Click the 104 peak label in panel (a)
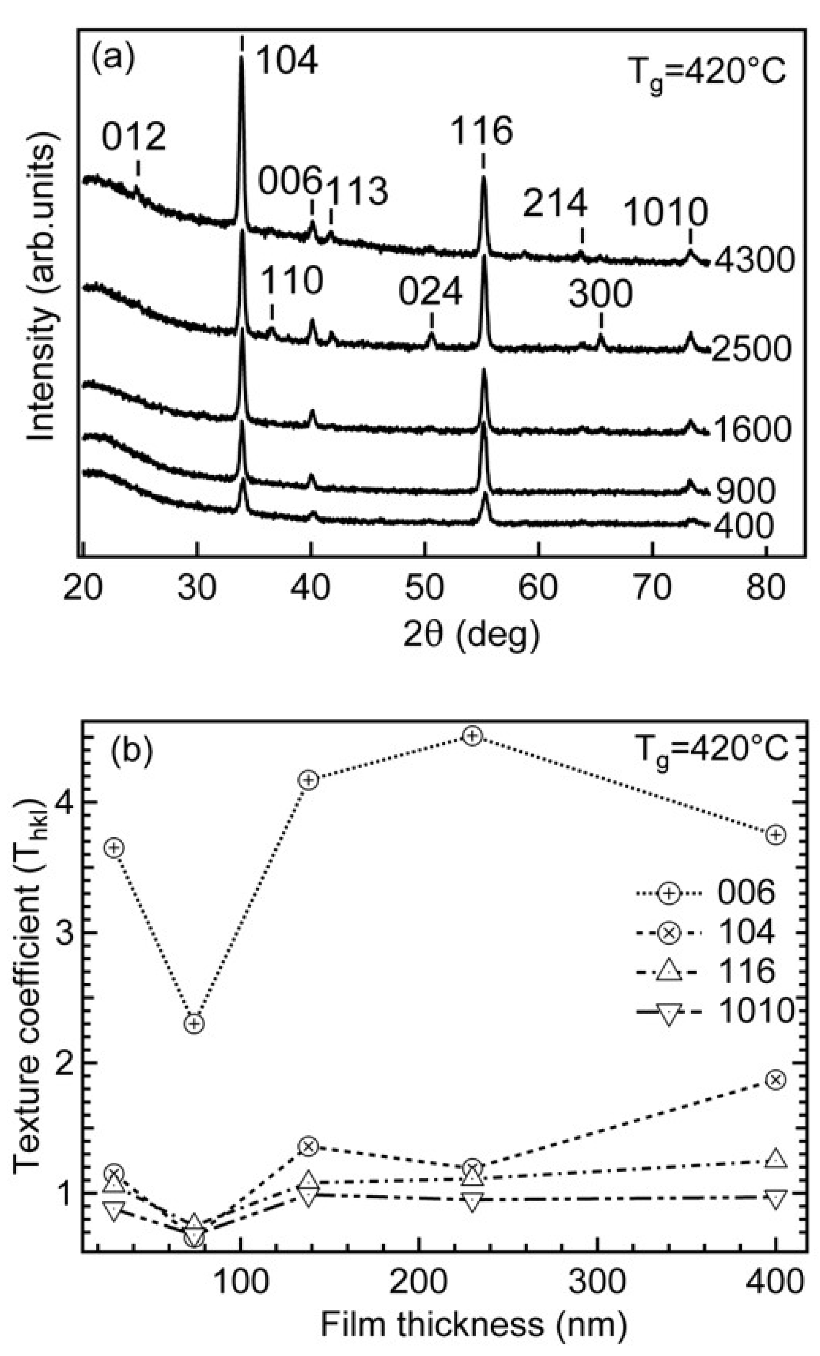pyautogui.click(x=287, y=61)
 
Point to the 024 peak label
pyautogui.click(x=430, y=293)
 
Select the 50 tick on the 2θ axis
pyautogui.click(x=424, y=588)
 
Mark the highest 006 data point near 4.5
pyautogui.click(x=472, y=736)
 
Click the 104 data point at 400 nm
pyautogui.click(x=775, y=1080)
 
